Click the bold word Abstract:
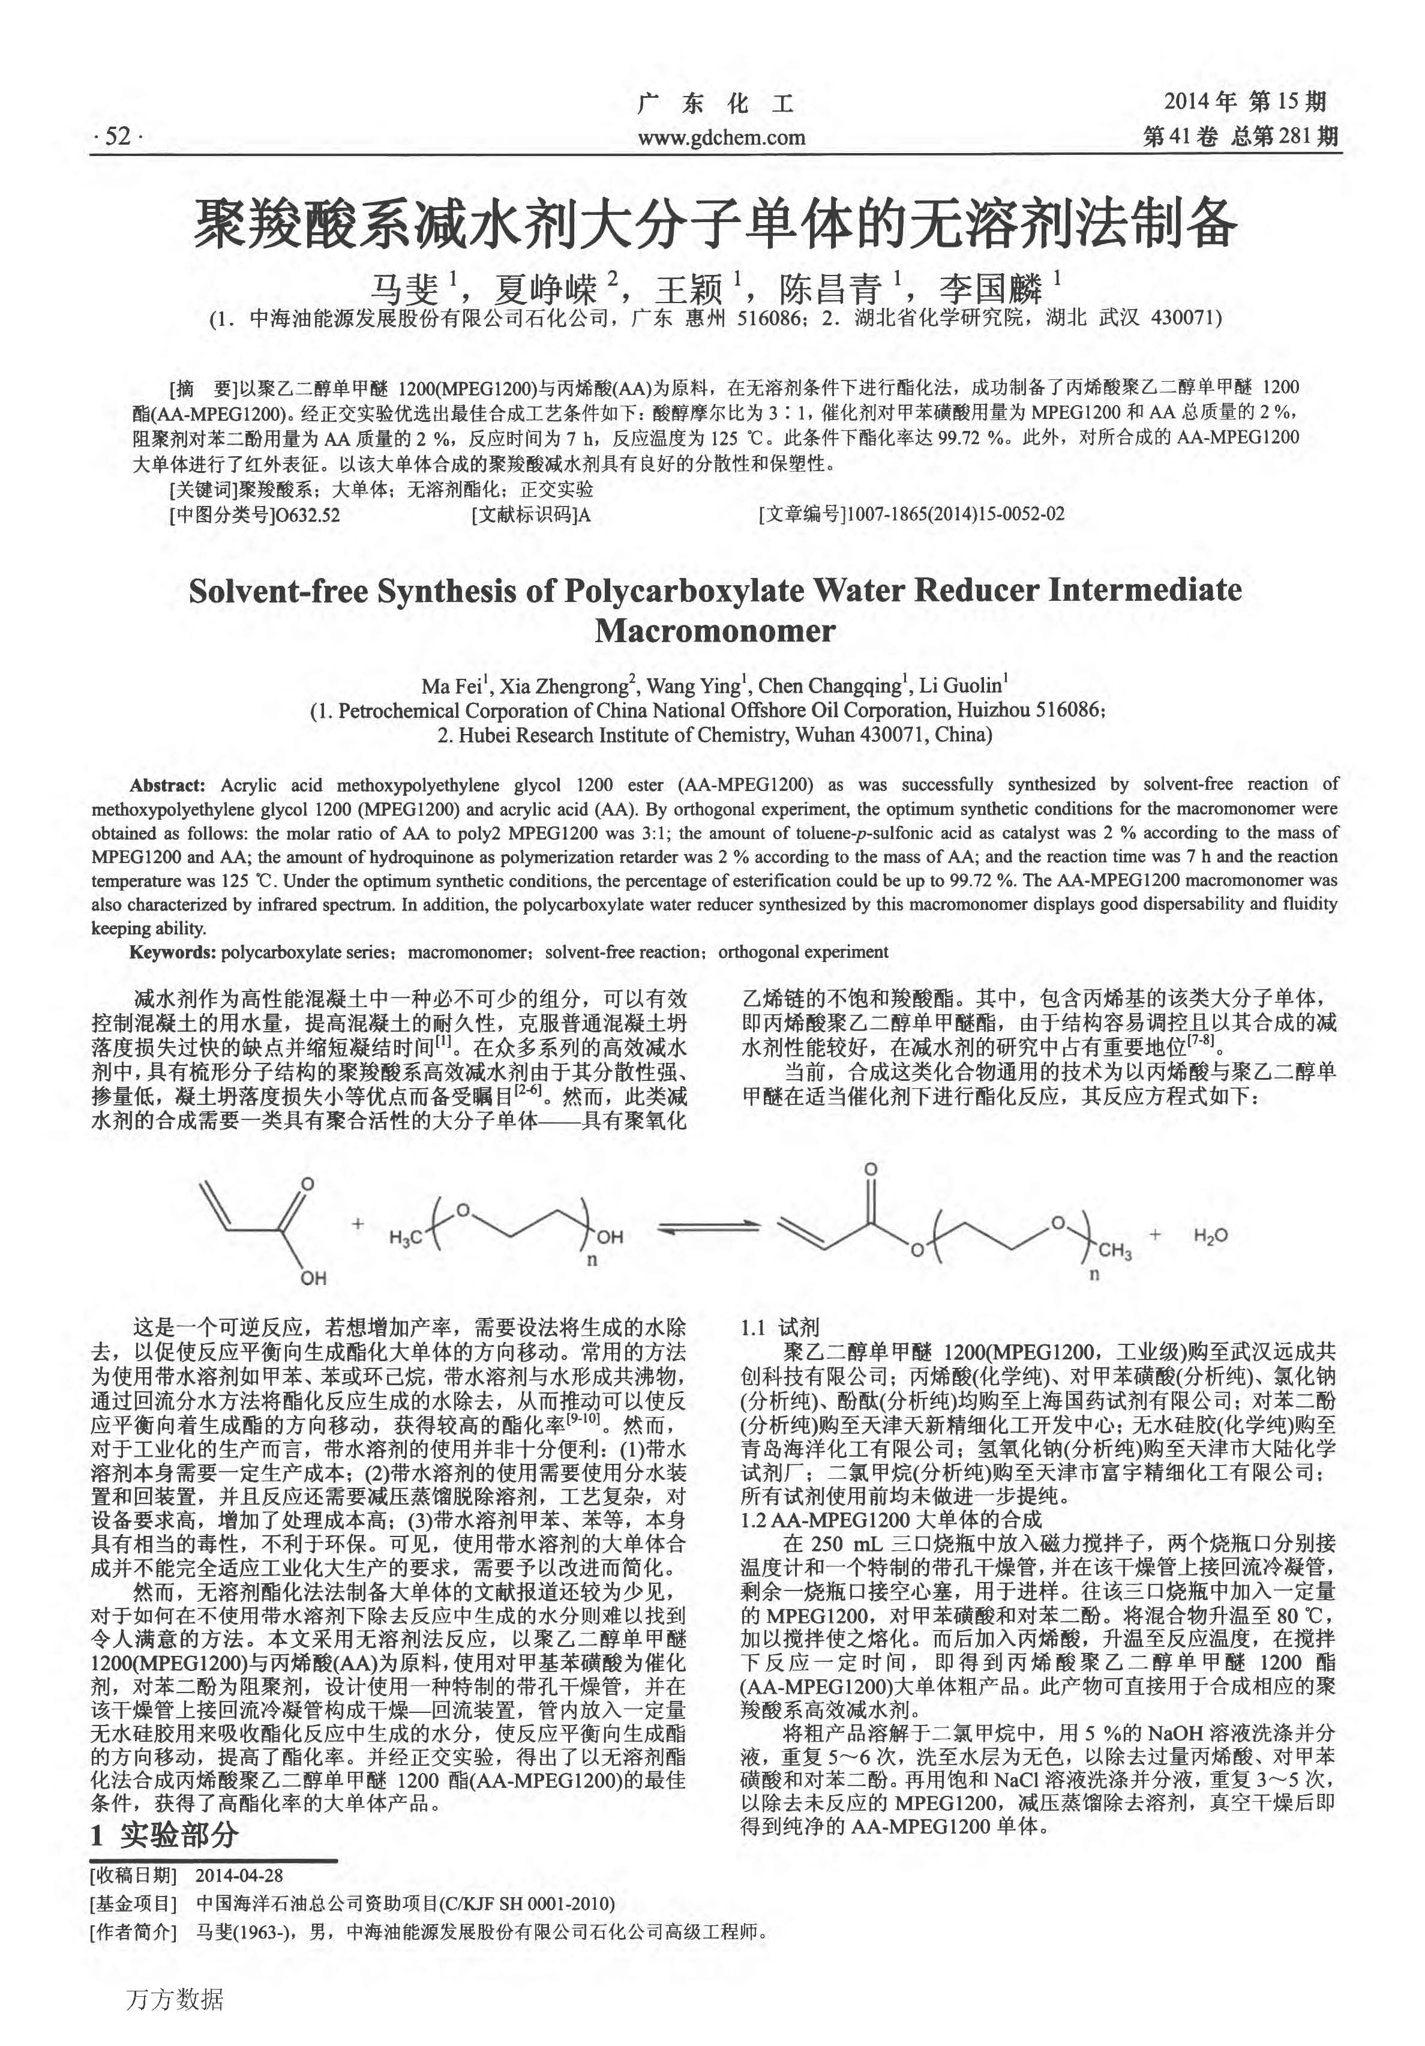tap(167, 785)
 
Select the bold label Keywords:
tap(173, 952)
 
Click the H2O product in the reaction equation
tap(1210, 1235)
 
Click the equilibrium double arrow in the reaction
tap(708, 1230)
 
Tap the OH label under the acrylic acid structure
tap(313, 1278)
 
